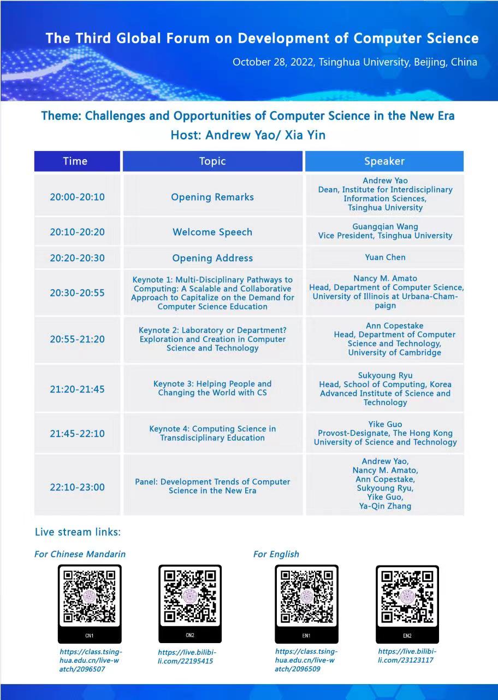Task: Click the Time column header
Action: pos(75,161)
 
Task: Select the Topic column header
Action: pos(212,161)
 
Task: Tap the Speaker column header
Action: pos(384,161)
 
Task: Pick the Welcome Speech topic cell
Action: pos(212,232)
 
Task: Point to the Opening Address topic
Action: pos(212,258)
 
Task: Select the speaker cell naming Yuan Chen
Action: pos(385,257)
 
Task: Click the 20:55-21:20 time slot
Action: pos(77,339)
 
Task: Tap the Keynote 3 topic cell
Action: pos(212,388)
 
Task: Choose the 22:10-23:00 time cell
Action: pos(77,487)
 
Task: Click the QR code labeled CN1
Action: pos(90,597)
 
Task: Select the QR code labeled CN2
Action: pos(190,597)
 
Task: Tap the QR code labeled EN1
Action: pos(306,597)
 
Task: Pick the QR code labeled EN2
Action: pos(407,597)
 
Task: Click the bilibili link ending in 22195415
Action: pos(187,657)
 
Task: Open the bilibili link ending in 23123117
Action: pos(407,656)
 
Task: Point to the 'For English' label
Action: pos(276,554)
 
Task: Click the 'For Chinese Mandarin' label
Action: pos(80,554)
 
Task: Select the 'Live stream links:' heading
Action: pos(78,532)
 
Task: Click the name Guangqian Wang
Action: pos(385,226)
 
